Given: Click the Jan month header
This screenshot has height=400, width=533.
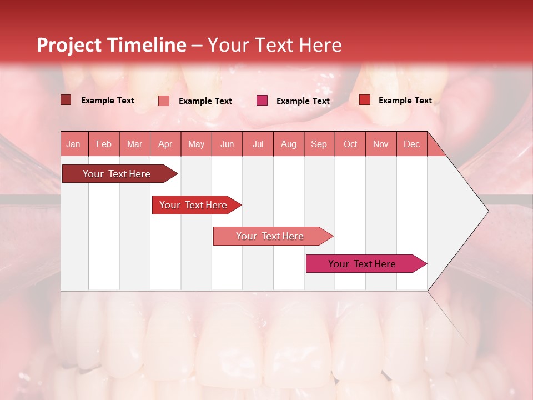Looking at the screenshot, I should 73,144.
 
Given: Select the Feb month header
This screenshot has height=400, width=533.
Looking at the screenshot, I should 104,144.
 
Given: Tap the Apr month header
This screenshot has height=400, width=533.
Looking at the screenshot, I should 165,144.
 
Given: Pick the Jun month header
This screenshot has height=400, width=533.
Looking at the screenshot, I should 227,144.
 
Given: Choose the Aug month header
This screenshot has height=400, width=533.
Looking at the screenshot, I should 289,144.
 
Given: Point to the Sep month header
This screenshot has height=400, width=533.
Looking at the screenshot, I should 319,144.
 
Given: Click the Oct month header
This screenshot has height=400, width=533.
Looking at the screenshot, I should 350,144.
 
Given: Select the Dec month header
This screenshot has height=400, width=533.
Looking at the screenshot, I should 411,144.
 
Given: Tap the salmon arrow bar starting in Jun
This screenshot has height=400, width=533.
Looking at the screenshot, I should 270,236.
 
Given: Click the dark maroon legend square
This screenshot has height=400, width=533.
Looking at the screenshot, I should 66,100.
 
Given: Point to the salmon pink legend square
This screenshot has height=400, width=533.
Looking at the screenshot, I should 164,101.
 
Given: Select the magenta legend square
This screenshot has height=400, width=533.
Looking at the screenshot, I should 262,101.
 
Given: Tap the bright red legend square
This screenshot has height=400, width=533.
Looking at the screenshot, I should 365,100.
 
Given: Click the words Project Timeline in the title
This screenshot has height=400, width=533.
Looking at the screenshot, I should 112,45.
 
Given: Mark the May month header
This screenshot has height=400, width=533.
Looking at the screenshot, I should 196,144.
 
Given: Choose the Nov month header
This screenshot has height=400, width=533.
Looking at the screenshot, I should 381,144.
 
